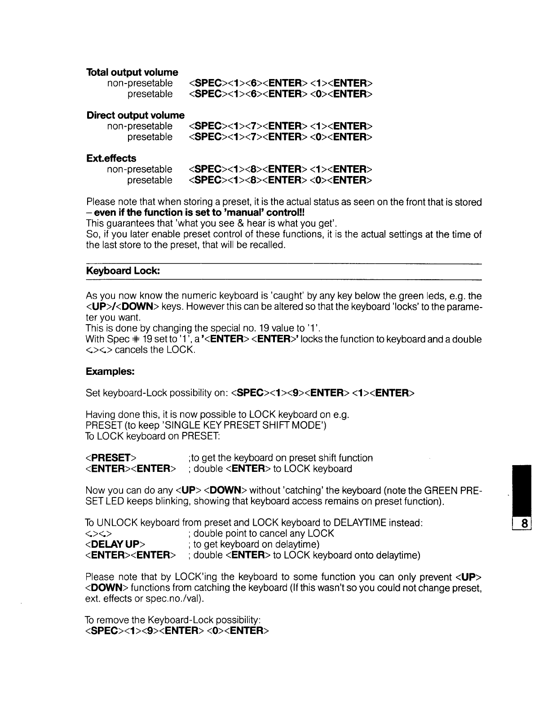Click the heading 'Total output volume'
[132, 72]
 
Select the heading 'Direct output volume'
[135, 115]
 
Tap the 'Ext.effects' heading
[111, 158]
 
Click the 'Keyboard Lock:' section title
[123, 272]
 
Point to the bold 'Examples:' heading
[110, 372]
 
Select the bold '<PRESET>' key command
[110, 458]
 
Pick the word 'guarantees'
[130, 224]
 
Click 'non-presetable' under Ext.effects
[140, 169]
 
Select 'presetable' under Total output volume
[150, 94]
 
